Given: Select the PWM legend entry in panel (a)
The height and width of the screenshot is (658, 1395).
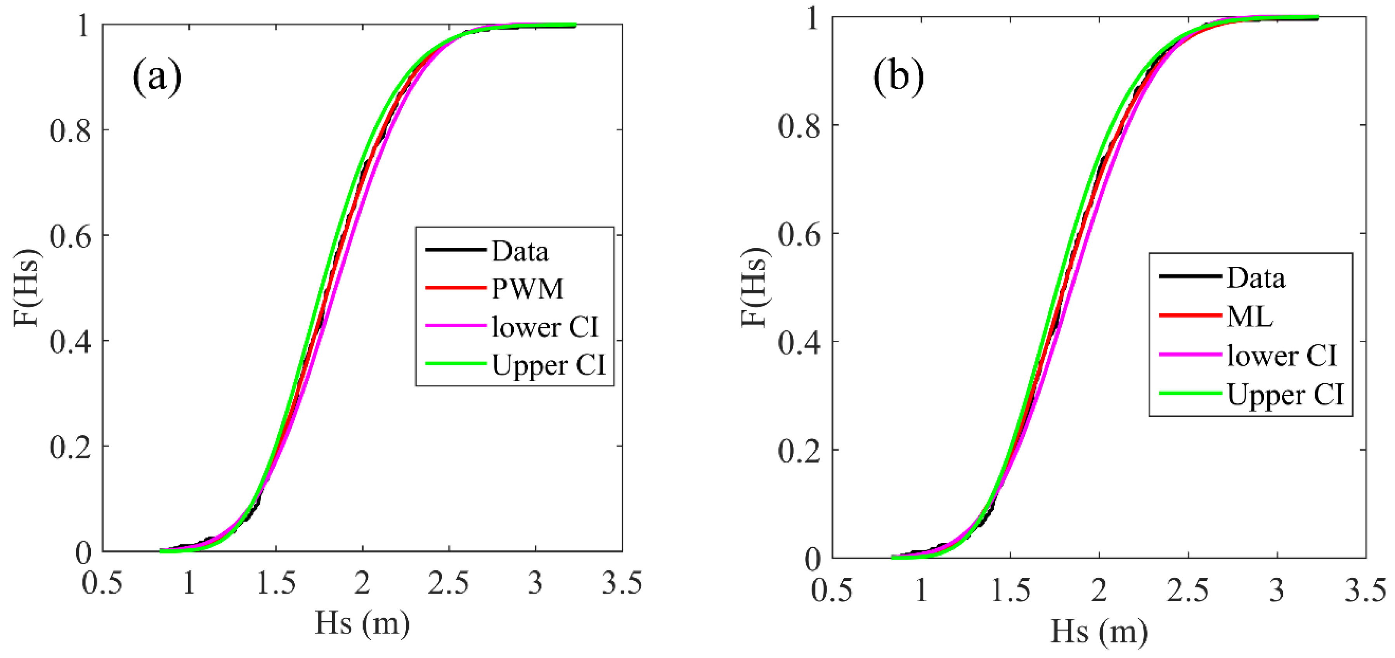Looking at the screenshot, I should click(527, 288).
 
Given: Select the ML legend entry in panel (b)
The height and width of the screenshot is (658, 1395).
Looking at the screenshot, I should click(1249, 316).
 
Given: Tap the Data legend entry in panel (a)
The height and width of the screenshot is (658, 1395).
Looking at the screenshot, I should click(520, 251).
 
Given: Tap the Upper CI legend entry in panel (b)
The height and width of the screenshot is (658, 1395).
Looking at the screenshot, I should click(1285, 394).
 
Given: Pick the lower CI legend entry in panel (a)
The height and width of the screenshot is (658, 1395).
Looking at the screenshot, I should click(545, 327).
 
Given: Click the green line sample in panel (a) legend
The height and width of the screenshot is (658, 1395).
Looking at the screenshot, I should click(456, 364).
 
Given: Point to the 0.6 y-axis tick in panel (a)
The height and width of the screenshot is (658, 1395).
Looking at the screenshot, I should click(70, 236).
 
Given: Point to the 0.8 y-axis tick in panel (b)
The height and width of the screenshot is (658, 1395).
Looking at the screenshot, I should click(799, 126).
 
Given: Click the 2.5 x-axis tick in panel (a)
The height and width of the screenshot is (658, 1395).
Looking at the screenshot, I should click(449, 584).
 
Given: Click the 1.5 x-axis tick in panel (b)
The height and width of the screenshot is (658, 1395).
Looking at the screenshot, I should click(1010, 591).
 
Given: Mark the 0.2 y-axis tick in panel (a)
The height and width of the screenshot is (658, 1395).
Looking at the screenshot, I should click(70, 447).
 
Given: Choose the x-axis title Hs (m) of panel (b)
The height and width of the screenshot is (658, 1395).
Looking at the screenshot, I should click(1099, 631).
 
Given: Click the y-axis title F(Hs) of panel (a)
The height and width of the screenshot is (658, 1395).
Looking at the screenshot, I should click(26, 287).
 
